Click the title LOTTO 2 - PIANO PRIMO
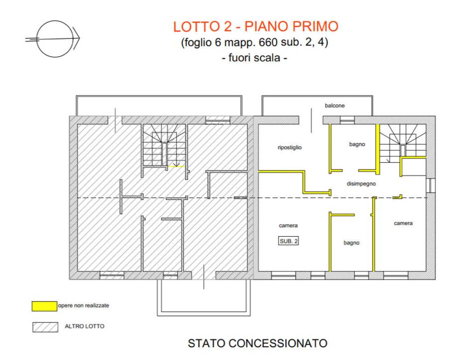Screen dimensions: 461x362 tap(256, 26)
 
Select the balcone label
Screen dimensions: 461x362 tap(335, 105)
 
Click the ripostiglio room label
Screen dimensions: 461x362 tap(290, 147)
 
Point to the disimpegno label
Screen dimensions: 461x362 tap(361, 184)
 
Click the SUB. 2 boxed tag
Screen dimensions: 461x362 tap(288, 241)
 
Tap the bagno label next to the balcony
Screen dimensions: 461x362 tap(357, 144)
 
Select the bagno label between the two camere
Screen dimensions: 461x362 tap(351, 243)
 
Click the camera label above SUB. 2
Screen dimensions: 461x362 tap(288, 225)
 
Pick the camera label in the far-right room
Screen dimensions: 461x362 tap(403, 223)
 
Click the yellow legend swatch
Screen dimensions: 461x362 tap(44, 306)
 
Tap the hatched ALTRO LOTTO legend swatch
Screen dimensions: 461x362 tap(45, 327)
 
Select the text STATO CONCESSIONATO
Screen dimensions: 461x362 tap(257, 343)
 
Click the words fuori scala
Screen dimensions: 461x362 tap(254, 58)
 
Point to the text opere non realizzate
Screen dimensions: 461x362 tap(84, 306)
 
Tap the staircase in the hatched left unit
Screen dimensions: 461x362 tap(164, 145)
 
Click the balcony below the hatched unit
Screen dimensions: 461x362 tap(204, 297)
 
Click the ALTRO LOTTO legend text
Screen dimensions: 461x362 tap(85, 326)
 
